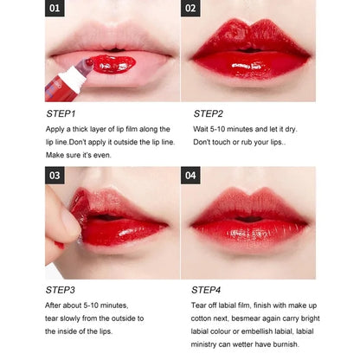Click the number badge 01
(56, 10)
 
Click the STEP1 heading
(61, 112)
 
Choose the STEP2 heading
(208, 112)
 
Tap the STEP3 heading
(61, 290)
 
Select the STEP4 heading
(208, 290)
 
